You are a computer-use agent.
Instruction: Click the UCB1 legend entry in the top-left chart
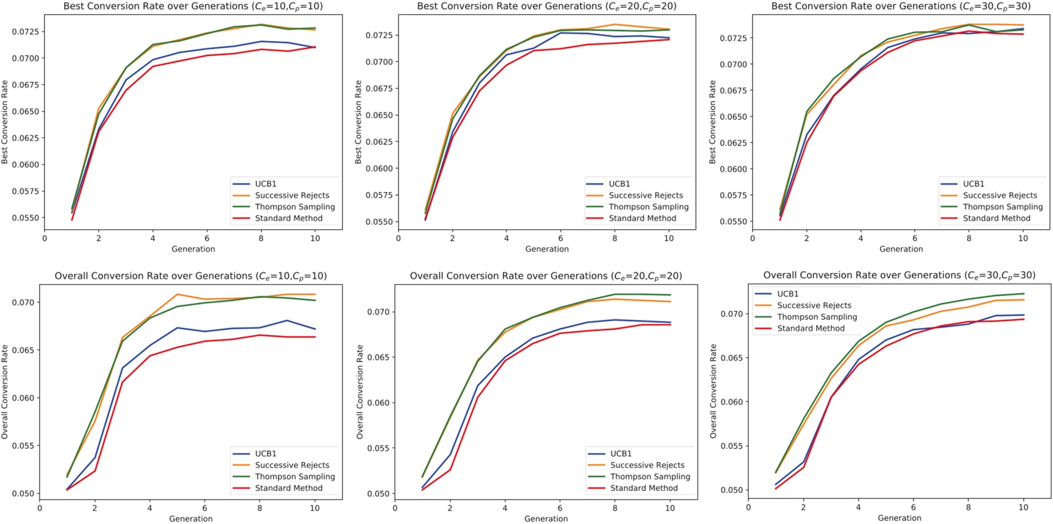(x=265, y=183)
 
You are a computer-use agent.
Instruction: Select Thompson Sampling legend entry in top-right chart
(x=1002, y=207)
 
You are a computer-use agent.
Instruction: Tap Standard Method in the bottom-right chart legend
(x=810, y=328)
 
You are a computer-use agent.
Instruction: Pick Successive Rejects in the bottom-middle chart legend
(x=647, y=465)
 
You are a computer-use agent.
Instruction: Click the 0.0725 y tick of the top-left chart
(x=25, y=32)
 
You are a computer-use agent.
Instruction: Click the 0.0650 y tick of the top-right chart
(x=733, y=116)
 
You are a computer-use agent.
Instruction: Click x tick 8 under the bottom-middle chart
(x=615, y=508)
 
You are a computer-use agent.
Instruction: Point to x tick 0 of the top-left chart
(x=44, y=238)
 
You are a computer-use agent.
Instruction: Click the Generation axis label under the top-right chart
(x=901, y=249)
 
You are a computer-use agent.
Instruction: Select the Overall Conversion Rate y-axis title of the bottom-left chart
(x=5, y=391)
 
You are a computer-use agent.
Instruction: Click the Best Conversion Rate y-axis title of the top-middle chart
(x=358, y=122)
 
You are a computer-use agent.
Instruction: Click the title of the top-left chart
(x=193, y=6)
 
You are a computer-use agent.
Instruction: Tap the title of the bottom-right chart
(x=899, y=275)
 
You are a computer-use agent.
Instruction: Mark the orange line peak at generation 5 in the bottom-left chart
(x=177, y=294)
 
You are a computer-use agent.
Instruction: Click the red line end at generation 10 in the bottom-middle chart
(x=670, y=325)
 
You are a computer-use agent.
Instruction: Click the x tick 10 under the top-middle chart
(x=669, y=238)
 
